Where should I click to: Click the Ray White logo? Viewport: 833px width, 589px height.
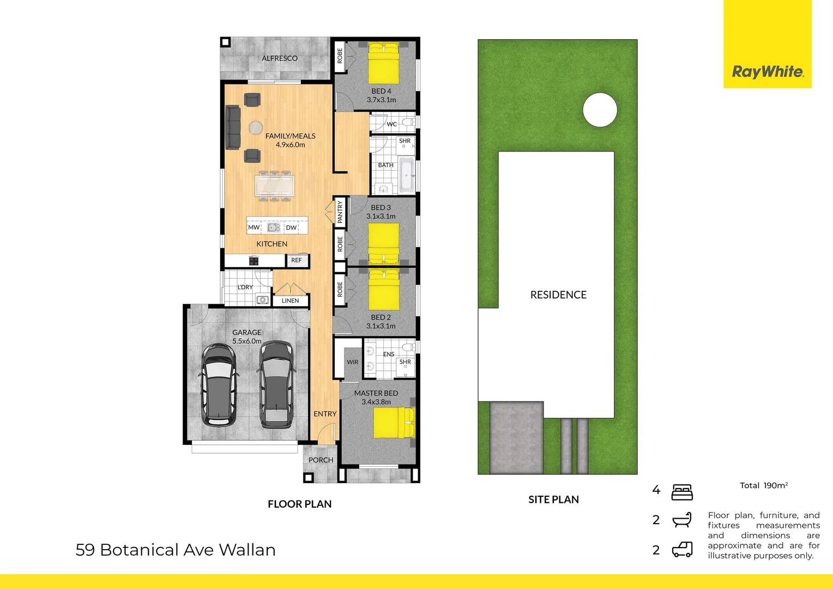(767, 71)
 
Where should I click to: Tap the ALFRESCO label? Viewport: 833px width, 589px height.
(279, 58)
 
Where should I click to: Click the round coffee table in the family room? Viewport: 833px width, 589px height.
(256, 128)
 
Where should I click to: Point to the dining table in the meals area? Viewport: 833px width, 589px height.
(275, 185)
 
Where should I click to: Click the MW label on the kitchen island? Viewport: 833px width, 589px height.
(253, 227)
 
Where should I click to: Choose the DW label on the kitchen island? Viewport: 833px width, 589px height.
(291, 227)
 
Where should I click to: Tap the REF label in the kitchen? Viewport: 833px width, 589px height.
(296, 260)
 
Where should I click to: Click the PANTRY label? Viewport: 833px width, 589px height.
(340, 212)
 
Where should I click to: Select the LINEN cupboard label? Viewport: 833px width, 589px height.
(290, 300)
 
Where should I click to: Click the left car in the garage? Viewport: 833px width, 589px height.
(219, 384)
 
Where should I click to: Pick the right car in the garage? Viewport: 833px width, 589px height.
(276, 384)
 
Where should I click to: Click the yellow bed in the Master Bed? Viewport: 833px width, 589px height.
(394, 423)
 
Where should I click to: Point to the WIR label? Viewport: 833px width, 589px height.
(353, 362)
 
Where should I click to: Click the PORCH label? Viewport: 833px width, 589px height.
(321, 460)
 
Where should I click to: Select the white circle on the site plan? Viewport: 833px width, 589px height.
(600, 110)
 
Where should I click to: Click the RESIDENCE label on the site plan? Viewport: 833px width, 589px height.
(558, 295)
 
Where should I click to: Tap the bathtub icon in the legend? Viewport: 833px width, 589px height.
(682, 520)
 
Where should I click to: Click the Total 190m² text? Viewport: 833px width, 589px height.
(763, 485)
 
